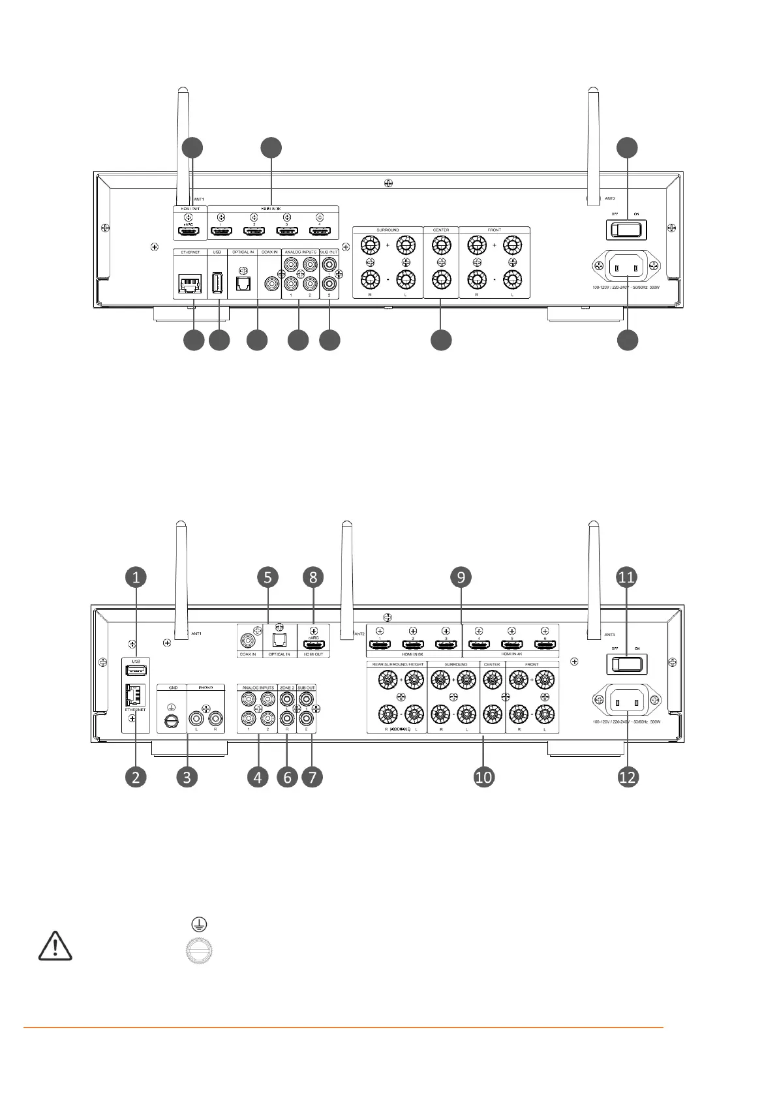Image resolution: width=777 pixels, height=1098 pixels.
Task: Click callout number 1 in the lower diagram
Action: point(136,577)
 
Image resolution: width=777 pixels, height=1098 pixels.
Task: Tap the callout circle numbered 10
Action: point(484,777)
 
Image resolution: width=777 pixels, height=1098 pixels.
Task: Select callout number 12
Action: point(628,777)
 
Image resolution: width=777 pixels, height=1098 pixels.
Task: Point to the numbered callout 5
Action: point(267,577)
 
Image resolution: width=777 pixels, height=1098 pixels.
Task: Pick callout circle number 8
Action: point(313,577)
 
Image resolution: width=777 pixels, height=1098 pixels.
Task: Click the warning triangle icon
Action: point(55,945)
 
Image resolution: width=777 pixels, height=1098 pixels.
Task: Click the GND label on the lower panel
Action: point(173,688)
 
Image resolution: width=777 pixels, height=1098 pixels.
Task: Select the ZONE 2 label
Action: point(287,688)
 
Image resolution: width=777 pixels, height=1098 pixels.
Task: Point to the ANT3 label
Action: point(610,634)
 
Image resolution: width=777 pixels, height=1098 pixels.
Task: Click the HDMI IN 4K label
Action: point(511,654)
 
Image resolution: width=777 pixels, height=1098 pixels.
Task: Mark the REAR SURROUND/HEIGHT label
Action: point(397,664)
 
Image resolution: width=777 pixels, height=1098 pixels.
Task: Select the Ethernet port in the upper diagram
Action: point(190,284)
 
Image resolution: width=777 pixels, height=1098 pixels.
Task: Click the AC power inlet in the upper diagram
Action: point(626,266)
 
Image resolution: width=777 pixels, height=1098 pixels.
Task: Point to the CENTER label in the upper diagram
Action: point(441,230)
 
